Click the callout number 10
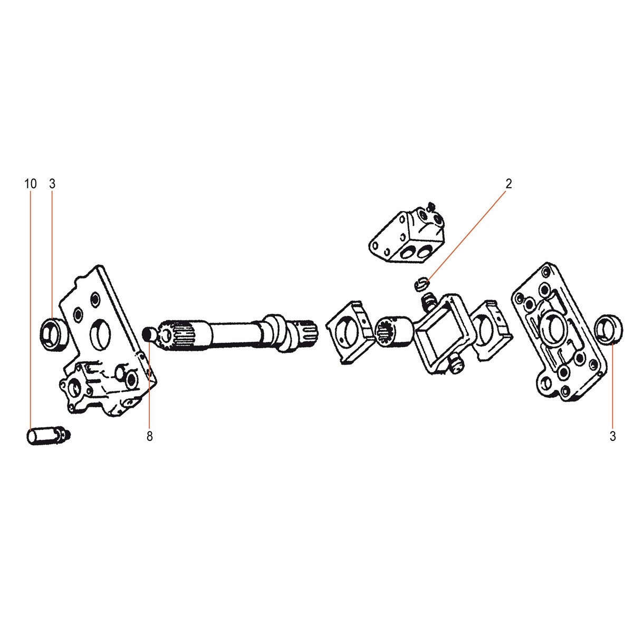[x=30, y=184]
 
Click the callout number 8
[x=149, y=436]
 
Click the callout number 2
[x=509, y=184]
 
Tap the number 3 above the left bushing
[x=52, y=184]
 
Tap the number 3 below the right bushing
[x=612, y=436]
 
